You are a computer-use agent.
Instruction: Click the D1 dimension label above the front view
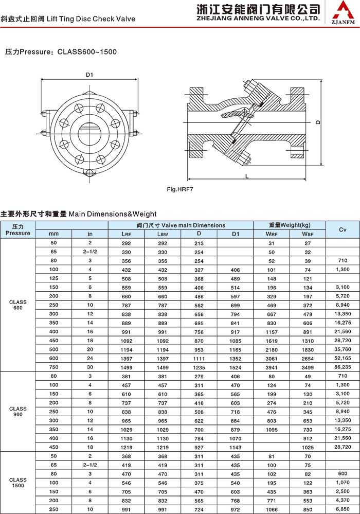tap(89, 75)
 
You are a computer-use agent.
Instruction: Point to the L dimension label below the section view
tap(247, 176)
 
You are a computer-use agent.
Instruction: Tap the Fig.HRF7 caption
tap(179, 189)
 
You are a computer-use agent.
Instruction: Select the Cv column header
tap(341, 229)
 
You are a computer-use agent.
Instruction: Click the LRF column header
tap(126, 234)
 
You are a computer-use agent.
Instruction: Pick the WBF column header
tap(308, 234)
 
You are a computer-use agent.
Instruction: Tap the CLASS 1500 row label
tap(18, 483)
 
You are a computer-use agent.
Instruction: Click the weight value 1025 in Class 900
tap(308, 447)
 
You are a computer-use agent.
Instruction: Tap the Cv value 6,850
tap(342, 509)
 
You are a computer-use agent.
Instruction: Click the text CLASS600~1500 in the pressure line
tap(87, 52)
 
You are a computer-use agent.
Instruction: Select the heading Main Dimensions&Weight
tap(112, 214)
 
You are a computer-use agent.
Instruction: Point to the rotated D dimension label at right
tap(318, 122)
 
